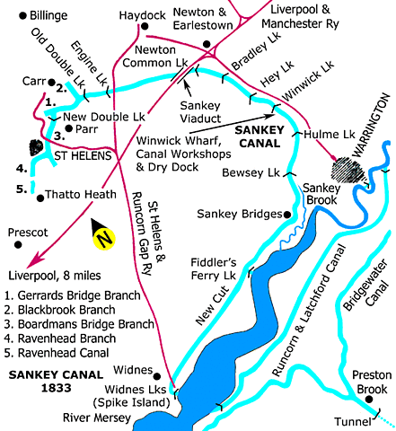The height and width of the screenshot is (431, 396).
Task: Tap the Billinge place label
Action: pos(32,15)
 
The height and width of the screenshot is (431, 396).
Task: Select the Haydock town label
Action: pos(143,15)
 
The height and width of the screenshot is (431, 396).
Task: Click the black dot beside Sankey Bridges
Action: pos(287,215)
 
